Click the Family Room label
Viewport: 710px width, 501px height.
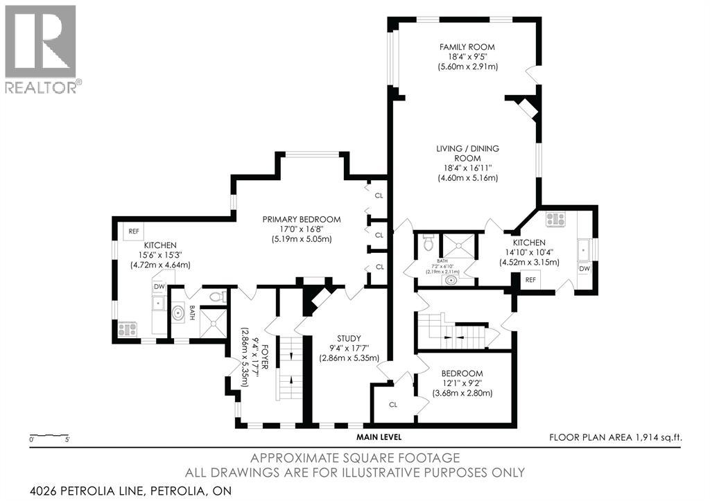tap(467, 46)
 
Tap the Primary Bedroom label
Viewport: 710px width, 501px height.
tap(302, 220)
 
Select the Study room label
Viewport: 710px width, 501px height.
tap(349, 339)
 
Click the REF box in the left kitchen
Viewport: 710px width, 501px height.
tap(134, 231)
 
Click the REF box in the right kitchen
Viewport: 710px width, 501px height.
tap(530, 280)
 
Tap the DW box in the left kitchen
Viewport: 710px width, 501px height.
tap(159, 287)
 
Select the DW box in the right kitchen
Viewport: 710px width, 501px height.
tap(585, 268)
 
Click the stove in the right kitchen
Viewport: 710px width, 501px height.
tap(556, 220)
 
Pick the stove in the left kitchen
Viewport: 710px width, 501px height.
tap(128, 329)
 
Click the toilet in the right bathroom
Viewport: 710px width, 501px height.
tap(427, 243)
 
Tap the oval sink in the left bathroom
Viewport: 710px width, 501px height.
tap(178, 313)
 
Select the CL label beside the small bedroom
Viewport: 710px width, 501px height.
tap(392, 405)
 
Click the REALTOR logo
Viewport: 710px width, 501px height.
tap(41, 49)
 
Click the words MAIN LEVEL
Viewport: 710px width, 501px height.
tap(379, 437)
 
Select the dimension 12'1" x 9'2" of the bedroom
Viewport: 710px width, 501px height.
tap(462, 383)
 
